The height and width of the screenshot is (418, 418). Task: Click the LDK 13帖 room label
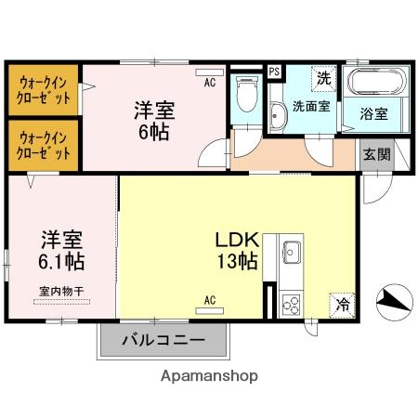[x=237, y=249]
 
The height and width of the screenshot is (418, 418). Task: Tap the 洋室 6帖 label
[x=151, y=120]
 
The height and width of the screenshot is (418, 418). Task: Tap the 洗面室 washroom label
[x=311, y=106]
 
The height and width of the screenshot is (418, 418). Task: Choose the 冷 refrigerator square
[x=343, y=304]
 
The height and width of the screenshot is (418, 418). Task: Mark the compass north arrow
[x=392, y=299]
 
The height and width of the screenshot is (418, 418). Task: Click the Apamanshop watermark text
[x=209, y=376]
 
